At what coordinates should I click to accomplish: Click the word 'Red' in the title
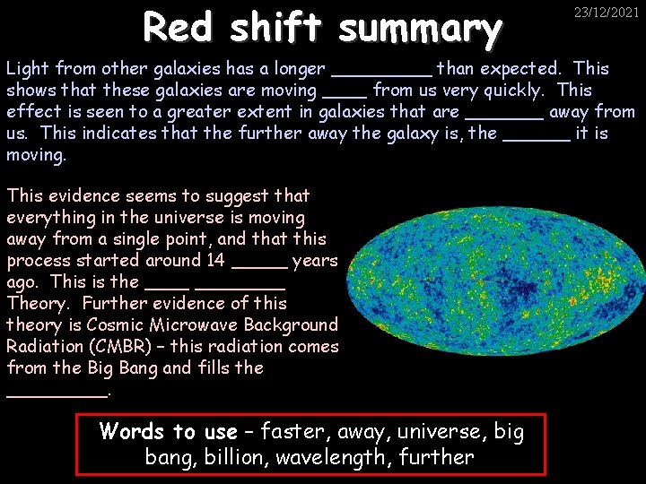click(x=182, y=29)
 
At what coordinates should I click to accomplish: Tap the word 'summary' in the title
click(x=420, y=29)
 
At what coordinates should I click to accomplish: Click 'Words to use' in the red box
click(x=169, y=432)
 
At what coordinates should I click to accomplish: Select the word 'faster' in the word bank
click(x=300, y=432)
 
